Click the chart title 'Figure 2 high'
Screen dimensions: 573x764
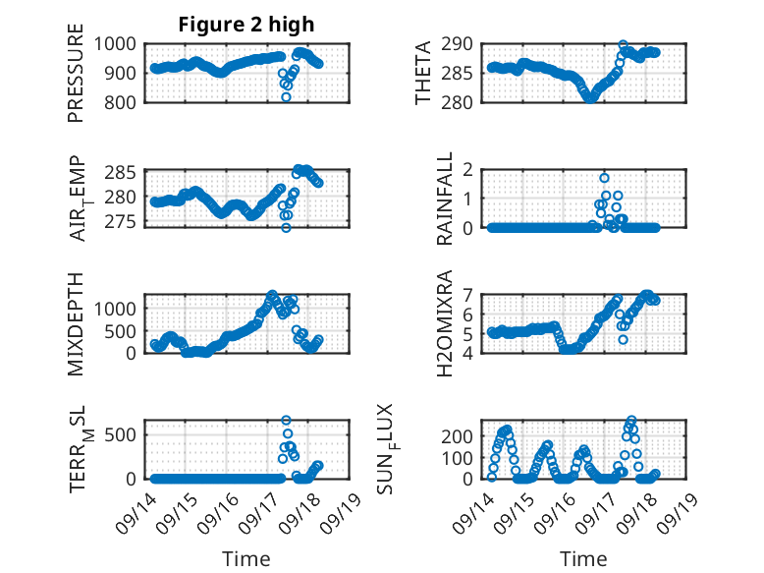click(246, 25)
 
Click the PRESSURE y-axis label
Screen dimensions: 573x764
click(77, 80)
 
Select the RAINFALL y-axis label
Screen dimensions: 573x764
click(445, 198)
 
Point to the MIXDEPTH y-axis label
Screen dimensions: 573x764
click(77, 323)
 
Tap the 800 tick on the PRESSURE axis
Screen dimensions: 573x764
click(126, 101)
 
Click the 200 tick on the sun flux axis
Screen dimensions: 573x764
click(464, 435)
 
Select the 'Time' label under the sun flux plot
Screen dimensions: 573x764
click(583, 558)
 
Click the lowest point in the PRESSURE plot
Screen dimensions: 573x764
click(286, 97)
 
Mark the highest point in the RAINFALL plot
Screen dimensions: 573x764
click(604, 178)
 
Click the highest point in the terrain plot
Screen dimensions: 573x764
click(286, 421)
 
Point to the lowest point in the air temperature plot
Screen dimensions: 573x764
click(286, 227)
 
